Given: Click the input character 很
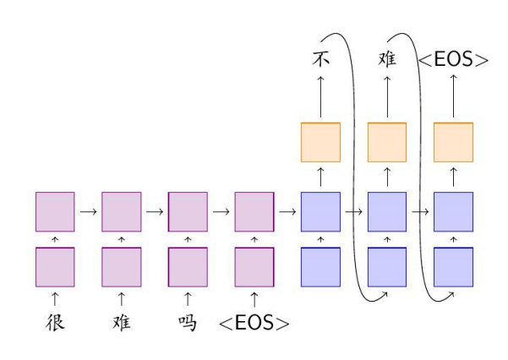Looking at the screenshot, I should pyautogui.click(x=55, y=322).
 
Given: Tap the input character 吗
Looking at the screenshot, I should pyautogui.click(x=188, y=322).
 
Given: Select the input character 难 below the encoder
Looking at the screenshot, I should pyautogui.click(x=122, y=322).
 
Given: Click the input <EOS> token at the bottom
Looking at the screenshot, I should pyautogui.click(x=254, y=323).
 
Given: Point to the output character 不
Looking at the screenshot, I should pyautogui.click(x=320, y=59).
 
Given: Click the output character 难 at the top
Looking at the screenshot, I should pyautogui.click(x=387, y=59).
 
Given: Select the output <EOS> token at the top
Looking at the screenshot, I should pyautogui.click(x=454, y=60).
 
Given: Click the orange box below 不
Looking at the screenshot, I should pyautogui.click(x=321, y=142).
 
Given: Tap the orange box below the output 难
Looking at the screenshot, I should pyautogui.click(x=387, y=142).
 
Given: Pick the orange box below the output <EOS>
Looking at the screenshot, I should pyautogui.click(x=454, y=142).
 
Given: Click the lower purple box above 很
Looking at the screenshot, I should pyautogui.click(x=55, y=267).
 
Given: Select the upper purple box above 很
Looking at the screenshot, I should pyautogui.click(x=55, y=211).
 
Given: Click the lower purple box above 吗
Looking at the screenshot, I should pyautogui.click(x=188, y=267).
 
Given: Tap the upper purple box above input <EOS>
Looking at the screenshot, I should pyautogui.click(x=254, y=211).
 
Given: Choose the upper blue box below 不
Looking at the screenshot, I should pyautogui.click(x=321, y=211).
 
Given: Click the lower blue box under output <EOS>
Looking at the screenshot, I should pyautogui.click(x=454, y=267).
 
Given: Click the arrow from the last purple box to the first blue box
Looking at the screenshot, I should pyautogui.click(x=287, y=211).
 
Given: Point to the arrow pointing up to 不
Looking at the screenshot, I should pyautogui.click(x=321, y=95).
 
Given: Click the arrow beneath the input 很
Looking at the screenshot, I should pyautogui.click(x=55, y=298).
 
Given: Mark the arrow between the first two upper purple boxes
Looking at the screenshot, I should pyautogui.click(x=88, y=211).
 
